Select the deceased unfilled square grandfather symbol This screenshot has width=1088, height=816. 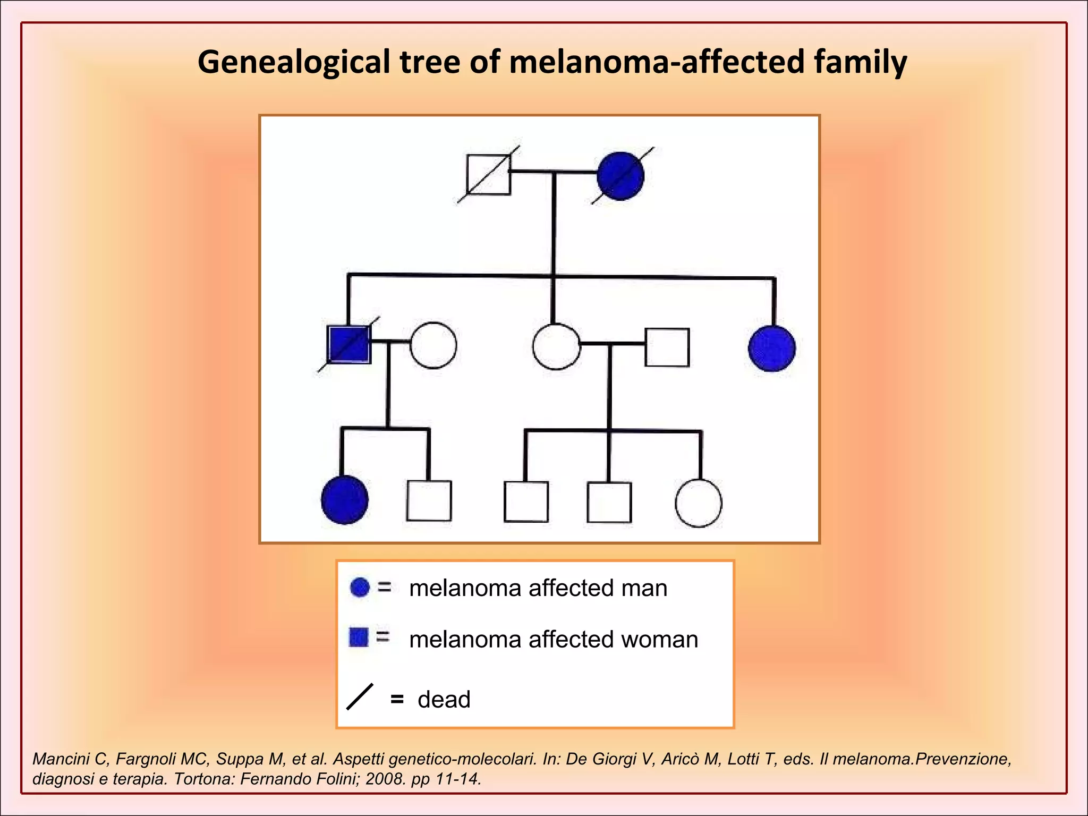click(488, 175)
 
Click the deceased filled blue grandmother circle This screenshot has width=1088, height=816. click(620, 176)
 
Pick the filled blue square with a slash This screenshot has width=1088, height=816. click(348, 345)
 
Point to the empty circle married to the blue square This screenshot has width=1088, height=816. click(433, 345)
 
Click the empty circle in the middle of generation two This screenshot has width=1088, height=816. click(556, 346)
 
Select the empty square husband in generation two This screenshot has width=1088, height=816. click(667, 347)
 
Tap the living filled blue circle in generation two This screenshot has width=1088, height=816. click(771, 348)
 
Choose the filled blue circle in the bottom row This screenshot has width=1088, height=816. click(345, 500)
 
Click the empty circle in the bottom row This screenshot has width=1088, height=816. click(699, 503)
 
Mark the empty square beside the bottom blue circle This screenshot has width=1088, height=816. click(429, 500)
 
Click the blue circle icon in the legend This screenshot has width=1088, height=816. click(360, 587)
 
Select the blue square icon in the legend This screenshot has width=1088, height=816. click(359, 637)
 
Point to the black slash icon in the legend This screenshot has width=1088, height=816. click(360, 696)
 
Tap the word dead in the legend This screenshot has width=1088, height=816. click(444, 700)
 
